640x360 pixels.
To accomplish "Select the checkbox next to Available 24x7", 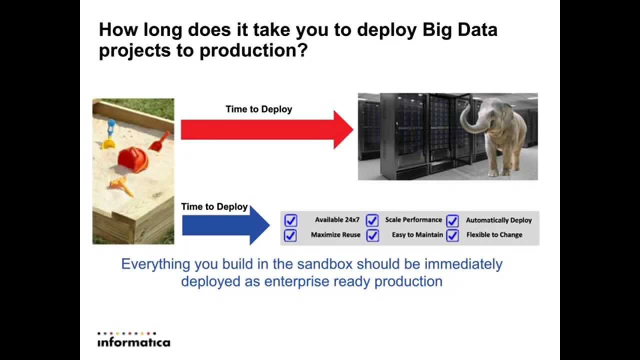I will tap(290, 220).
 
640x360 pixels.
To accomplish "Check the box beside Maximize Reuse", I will tap(290, 235).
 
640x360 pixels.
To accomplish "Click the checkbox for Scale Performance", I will tap(372, 220).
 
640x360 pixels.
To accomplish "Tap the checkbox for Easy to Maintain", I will tap(372, 235).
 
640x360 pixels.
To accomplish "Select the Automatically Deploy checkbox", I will tap(452, 220).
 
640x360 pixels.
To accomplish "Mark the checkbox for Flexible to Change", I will tap(452, 235).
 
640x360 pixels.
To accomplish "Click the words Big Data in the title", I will tap(460, 30).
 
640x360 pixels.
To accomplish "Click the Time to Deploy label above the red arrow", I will tap(258, 109).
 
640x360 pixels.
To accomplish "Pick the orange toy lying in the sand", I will tap(121, 186).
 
